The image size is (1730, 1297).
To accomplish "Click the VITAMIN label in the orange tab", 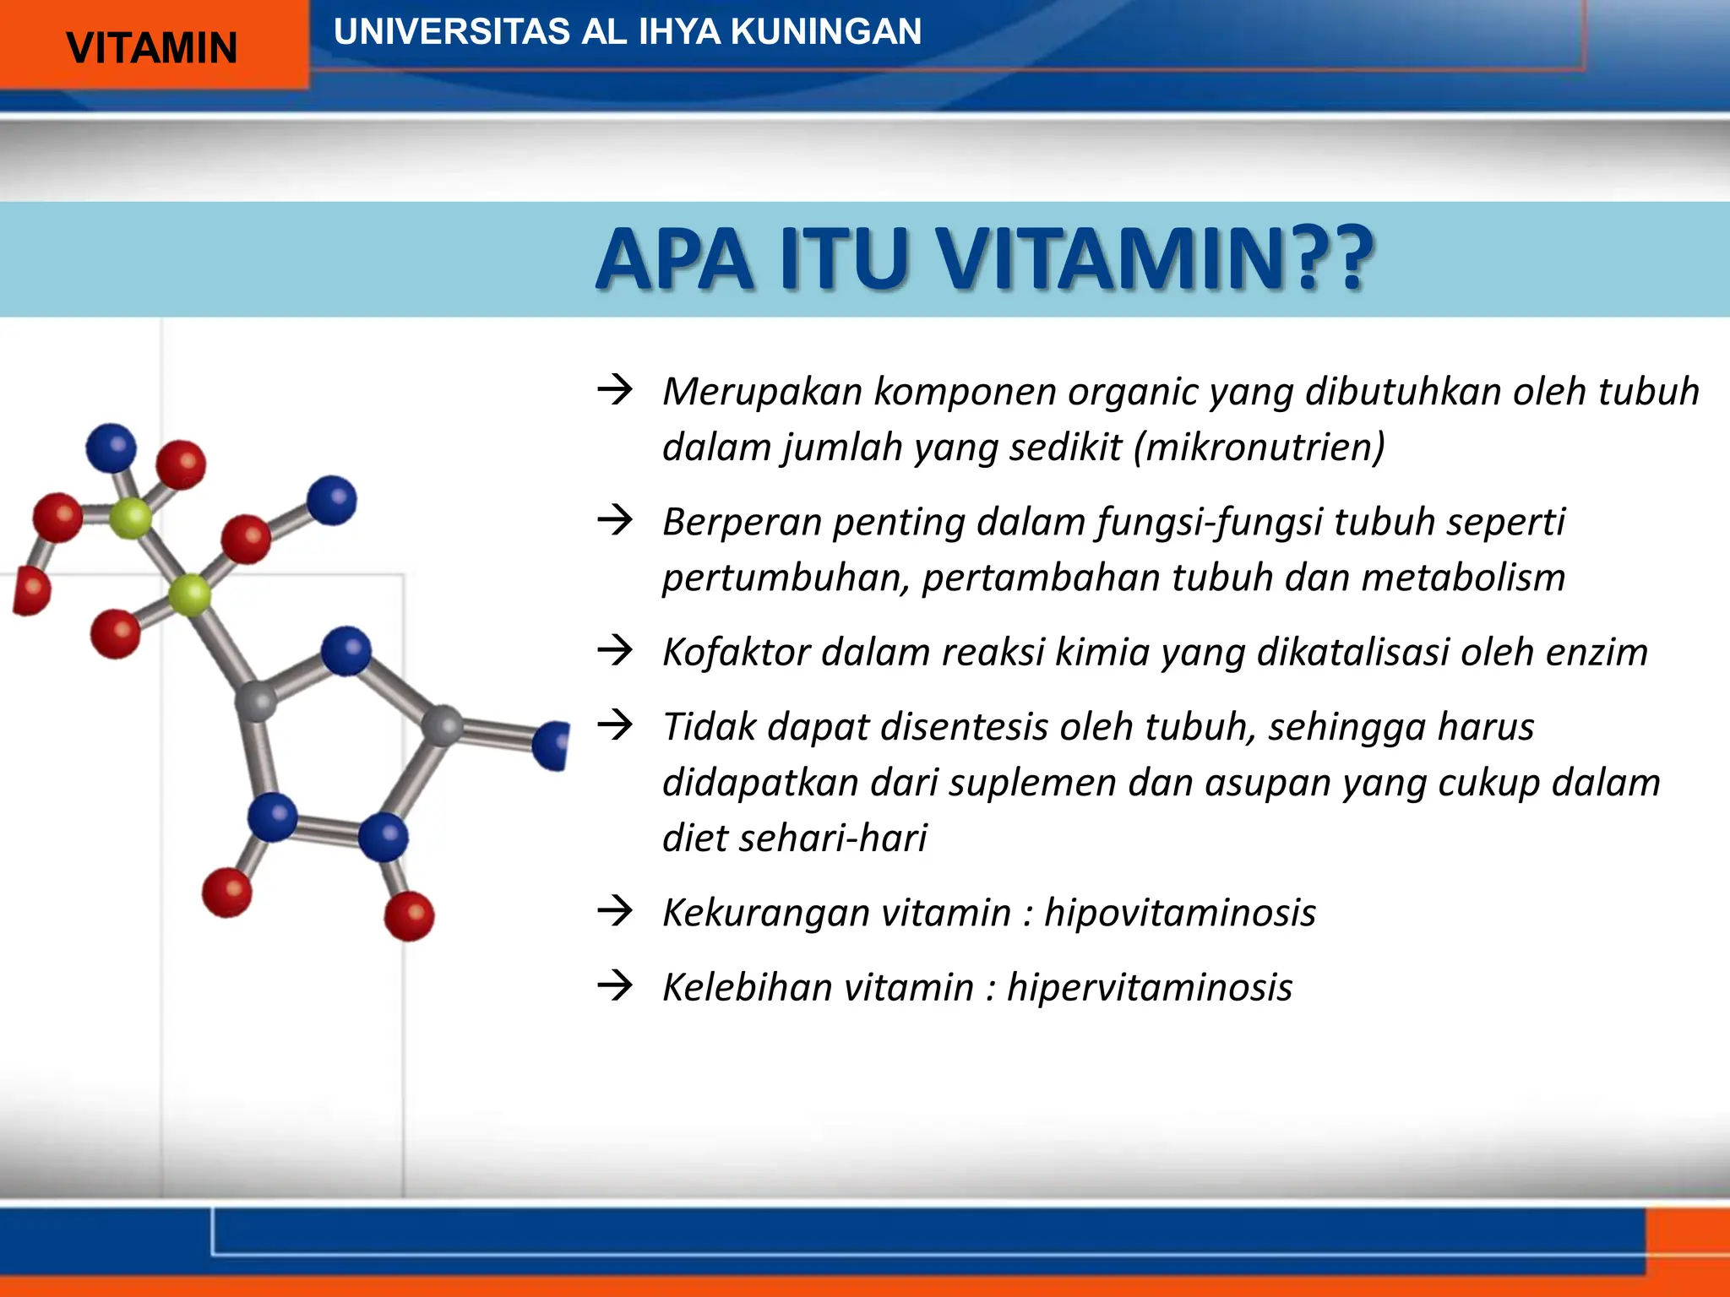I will [152, 48].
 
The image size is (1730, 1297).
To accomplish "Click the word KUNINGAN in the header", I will [825, 32].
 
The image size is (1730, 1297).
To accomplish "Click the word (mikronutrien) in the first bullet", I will [1259, 448].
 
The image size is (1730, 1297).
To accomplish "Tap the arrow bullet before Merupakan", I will [615, 390].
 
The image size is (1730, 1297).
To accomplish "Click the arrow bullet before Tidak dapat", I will [615, 724].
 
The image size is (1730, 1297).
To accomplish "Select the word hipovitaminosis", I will [1179, 913].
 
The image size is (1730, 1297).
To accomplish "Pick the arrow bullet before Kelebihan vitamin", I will [615, 985].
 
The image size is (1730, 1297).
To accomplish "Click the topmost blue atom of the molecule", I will [111, 448].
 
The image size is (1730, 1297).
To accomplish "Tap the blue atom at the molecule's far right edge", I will [553, 745].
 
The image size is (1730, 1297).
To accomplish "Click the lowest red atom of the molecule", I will [409, 915].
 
